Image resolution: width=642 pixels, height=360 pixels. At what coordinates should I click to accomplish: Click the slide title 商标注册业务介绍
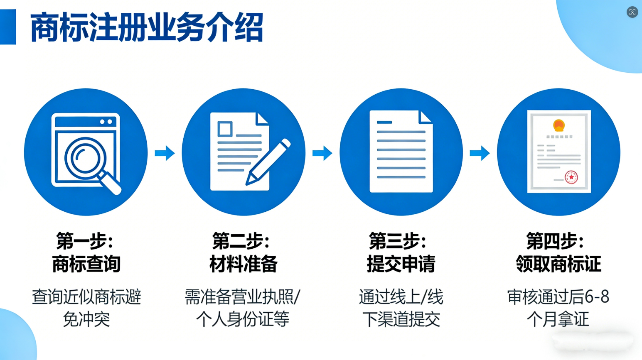click(147, 27)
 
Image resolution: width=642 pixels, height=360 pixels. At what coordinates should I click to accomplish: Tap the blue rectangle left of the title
click(8, 27)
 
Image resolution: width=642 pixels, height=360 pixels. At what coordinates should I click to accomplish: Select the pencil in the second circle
click(268, 162)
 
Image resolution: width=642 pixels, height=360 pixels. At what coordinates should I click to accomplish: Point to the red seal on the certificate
click(571, 177)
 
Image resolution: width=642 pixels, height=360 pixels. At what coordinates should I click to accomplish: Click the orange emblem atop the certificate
click(559, 125)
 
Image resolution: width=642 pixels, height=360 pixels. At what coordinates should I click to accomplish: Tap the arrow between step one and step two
click(165, 153)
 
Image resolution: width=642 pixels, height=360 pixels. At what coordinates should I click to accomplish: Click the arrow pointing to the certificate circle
click(480, 153)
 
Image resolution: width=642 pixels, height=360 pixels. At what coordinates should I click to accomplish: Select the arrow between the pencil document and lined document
click(322, 153)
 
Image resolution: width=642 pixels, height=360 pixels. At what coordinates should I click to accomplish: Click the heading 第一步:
click(85, 241)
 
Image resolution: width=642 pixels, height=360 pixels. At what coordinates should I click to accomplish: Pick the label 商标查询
click(86, 264)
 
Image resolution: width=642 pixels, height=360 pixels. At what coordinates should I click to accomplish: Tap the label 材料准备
click(244, 264)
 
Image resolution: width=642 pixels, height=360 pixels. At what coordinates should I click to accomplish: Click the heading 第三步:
click(398, 241)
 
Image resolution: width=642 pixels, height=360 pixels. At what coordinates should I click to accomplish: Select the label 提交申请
click(401, 264)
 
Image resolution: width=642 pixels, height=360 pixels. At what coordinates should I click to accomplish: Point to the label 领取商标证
click(558, 264)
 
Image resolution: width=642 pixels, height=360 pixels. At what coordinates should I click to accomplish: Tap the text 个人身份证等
click(243, 319)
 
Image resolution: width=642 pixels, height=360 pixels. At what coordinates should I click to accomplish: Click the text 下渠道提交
click(401, 319)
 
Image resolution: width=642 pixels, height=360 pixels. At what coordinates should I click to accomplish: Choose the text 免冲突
click(86, 319)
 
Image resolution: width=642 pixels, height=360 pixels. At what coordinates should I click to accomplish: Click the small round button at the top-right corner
click(632, 12)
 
